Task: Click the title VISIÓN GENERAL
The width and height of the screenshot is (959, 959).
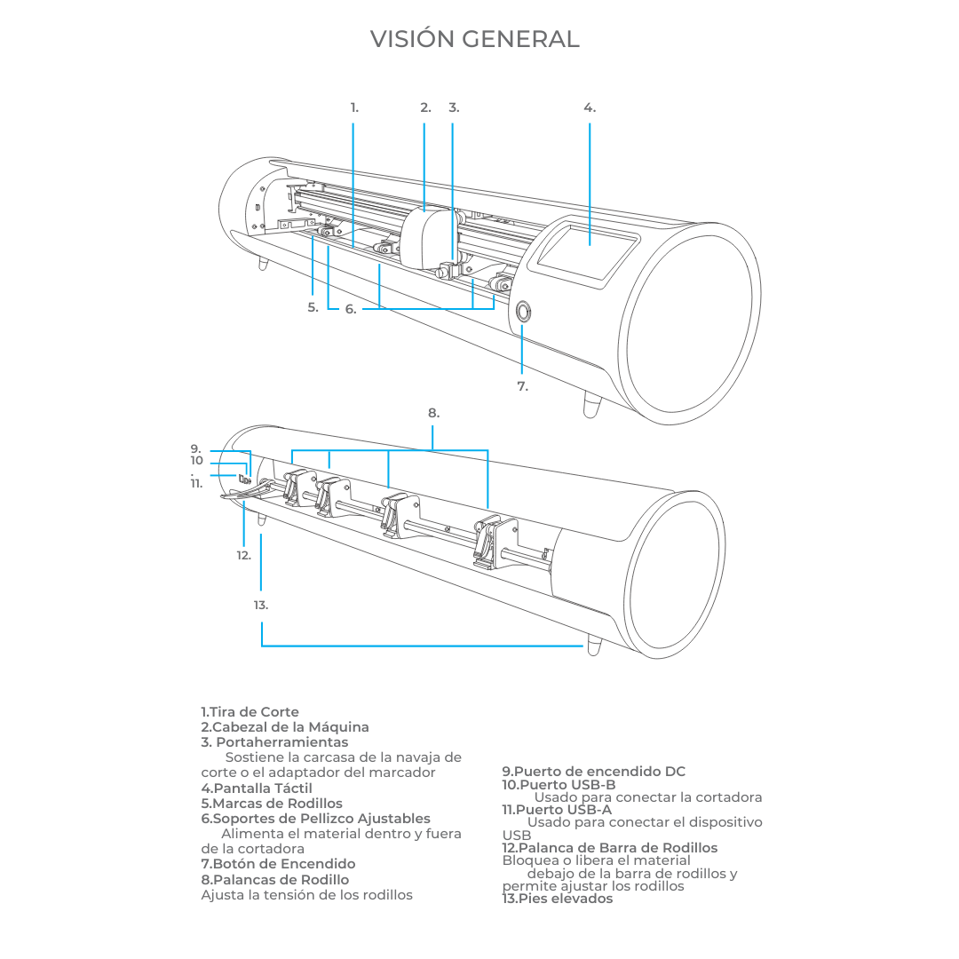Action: point(474,40)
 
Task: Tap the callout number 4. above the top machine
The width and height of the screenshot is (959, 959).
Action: point(590,107)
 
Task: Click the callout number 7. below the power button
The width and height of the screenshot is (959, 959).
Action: point(522,386)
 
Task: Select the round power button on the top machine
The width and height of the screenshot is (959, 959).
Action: point(523,311)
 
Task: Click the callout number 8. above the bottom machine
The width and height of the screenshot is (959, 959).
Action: point(433,413)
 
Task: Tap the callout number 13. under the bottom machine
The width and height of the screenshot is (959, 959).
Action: point(260,605)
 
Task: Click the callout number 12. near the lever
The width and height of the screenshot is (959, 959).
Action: point(243,555)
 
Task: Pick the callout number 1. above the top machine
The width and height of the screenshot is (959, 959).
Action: point(354,107)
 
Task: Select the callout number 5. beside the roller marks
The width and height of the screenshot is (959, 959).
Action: point(313,308)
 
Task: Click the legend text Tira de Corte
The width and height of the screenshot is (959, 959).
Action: point(250,712)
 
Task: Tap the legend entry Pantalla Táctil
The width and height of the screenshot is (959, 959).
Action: point(257,788)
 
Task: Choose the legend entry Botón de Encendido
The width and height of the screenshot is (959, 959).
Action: point(278,864)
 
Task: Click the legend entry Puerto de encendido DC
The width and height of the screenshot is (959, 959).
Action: point(594,772)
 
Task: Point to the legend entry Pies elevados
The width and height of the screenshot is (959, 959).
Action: point(558,899)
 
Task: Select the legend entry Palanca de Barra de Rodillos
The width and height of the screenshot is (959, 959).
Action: point(610,848)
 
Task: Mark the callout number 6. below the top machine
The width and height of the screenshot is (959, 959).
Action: point(351,310)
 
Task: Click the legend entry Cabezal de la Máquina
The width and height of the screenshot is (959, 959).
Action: point(285,727)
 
